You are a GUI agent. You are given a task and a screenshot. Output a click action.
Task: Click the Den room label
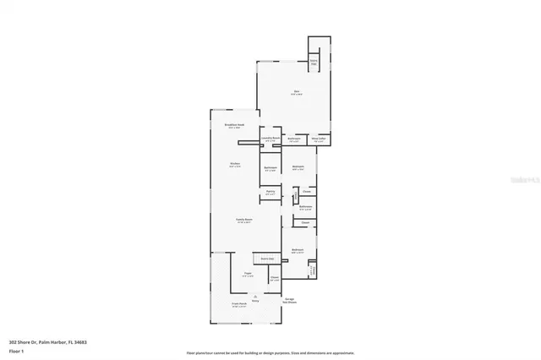click(296, 91)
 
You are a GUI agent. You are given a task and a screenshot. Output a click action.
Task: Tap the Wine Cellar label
click(319, 139)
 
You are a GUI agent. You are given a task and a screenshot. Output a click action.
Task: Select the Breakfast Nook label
click(234, 126)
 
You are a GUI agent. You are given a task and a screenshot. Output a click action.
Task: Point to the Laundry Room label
click(270, 139)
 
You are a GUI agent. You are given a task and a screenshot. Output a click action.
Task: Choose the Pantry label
click(270, 192)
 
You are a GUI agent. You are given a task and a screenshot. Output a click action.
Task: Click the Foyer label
click(249, 274)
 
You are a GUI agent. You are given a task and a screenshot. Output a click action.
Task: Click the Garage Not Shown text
click(289, 300)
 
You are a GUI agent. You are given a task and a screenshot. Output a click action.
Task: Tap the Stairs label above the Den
click(314, 62)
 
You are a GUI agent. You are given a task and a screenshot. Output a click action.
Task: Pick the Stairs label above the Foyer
click(267, 259)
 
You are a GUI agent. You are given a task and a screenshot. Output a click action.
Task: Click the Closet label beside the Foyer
click(274, 278)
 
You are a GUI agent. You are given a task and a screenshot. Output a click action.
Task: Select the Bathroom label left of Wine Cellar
click(294, 139)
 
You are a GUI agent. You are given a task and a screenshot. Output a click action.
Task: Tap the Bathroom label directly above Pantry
click(270, 167)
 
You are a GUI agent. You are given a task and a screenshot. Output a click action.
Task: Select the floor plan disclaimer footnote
click(270, 353)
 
